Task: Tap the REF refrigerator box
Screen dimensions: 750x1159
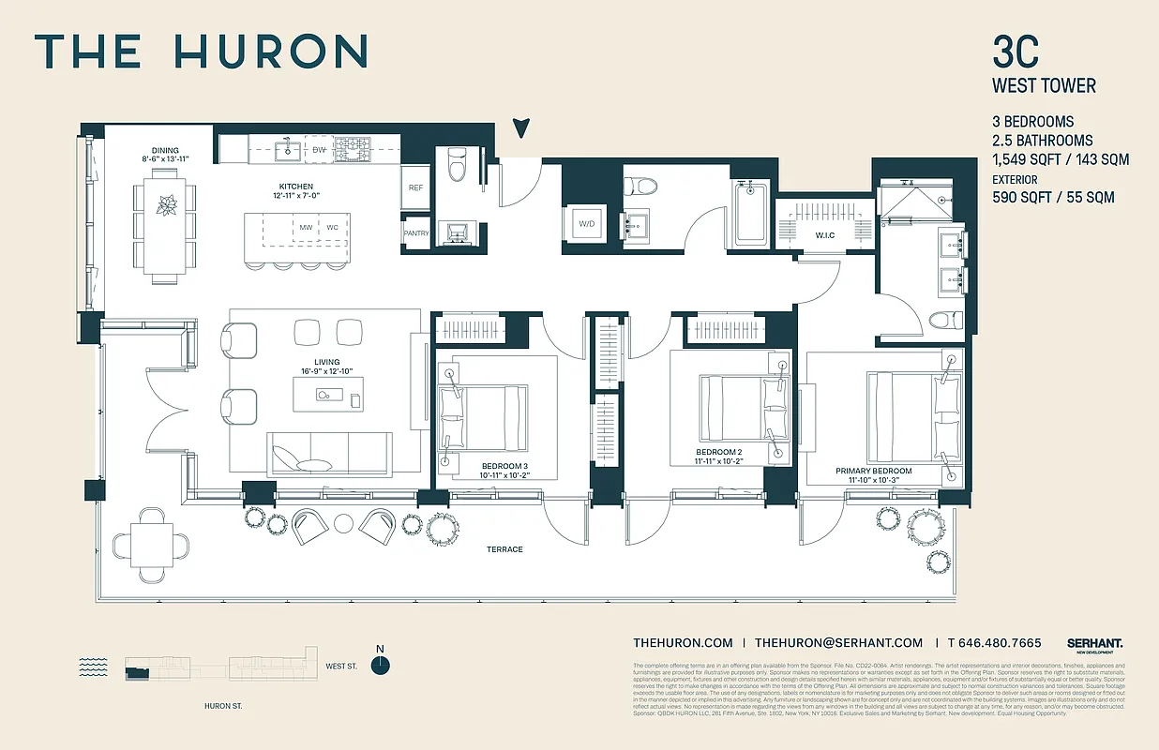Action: tap(416, 188)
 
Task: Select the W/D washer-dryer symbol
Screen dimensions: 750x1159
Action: tap(585, 224)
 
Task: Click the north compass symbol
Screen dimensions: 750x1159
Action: tap(380, 665)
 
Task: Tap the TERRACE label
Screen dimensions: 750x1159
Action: tap(504, 548)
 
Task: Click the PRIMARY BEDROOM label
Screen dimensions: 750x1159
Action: tap(874, 471)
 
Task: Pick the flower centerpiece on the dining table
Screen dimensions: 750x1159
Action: tap(167, 204)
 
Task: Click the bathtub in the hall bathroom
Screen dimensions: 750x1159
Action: tap(752, 216)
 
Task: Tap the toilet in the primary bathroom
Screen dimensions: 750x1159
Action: tap(947, 321)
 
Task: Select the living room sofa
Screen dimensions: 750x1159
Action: tap(330, 455)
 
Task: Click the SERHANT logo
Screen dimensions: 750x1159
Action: tap(1094, 643)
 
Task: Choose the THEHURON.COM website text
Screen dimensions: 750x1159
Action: tap(683, 642)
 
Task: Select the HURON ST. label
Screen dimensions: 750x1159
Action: tap(223, 706)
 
